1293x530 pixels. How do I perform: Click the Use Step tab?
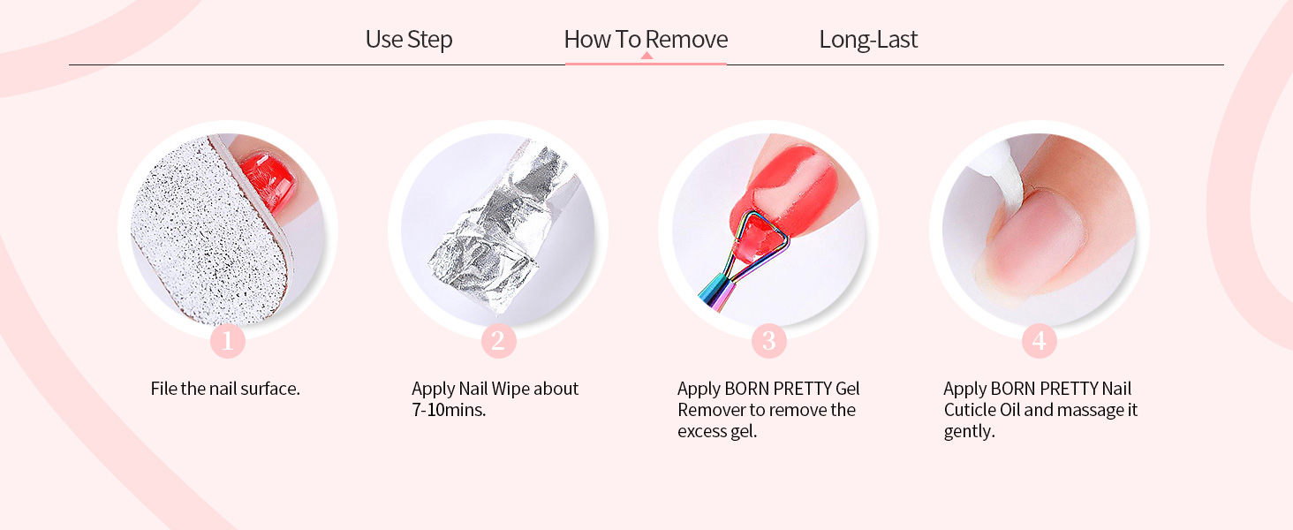pos(409,39)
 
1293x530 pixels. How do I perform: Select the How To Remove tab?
pos(646,39)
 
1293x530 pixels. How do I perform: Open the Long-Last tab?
pos(868,39)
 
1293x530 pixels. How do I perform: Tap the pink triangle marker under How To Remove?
pos(646,56)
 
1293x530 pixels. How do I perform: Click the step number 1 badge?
pos(228,341)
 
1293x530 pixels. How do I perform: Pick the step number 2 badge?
pos(499,341)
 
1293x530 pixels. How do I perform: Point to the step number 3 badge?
pos(769,341)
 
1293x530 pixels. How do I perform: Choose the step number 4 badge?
pos(1039,341)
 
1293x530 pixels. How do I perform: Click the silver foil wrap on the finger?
pos(496,231)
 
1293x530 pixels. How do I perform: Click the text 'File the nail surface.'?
pos(225,389)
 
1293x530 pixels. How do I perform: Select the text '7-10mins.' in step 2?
pos(449,410)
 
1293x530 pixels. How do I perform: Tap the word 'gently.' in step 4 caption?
pos(969,431)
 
